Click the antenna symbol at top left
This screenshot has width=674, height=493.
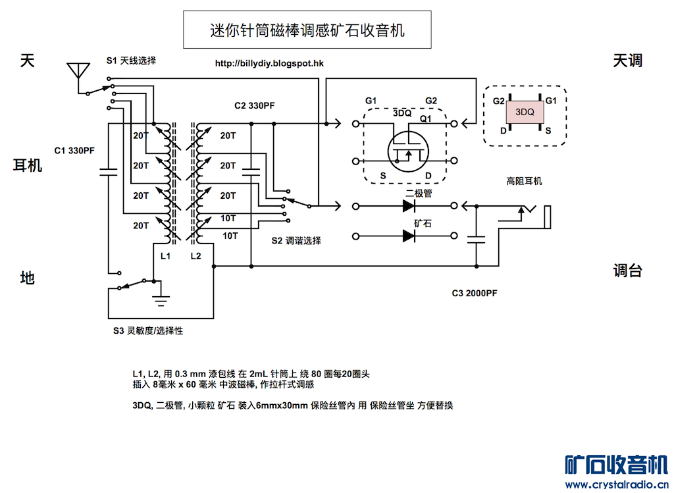click(78, 70)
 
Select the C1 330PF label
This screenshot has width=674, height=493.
click(75, 150)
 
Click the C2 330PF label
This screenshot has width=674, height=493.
click(255, 105)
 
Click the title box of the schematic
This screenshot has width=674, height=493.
click(307, 30)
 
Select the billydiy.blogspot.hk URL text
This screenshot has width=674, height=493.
click(269, 64)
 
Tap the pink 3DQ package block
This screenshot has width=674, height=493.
click(525, 112)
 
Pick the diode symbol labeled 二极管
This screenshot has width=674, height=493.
click(409, 206)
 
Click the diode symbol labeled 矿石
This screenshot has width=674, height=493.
click(409, 236)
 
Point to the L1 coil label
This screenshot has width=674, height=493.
click(166, 255)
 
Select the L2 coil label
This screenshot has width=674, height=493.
click(195, 255)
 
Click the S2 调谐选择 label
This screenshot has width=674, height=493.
click(296, 241)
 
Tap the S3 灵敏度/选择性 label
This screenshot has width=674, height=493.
click(147, 330)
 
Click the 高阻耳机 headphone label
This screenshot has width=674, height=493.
click(524, 181)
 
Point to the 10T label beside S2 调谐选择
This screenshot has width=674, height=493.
click(230, 235)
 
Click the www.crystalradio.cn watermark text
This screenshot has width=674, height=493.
click(615, 484)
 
